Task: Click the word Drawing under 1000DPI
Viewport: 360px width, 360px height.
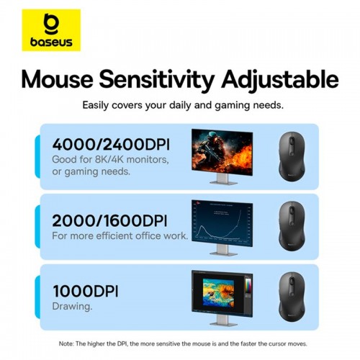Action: point(72,307)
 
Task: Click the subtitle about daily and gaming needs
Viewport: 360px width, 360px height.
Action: point(182,105)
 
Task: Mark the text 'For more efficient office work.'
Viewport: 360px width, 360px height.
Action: point(120,235)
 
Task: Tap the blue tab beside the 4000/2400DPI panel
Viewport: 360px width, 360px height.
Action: point(37,156)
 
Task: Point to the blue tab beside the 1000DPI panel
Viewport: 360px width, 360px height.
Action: point(37,297)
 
